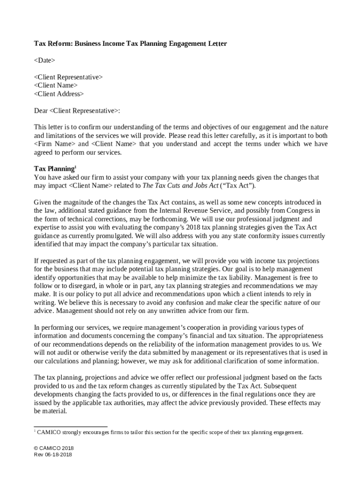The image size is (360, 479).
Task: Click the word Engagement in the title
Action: (177, 44)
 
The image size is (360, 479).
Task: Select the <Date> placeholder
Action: (44, 60)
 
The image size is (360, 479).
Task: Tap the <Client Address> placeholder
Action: (59, 94)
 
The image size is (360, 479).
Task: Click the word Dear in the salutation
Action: (41, 111)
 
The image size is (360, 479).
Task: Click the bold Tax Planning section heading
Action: (53, 169)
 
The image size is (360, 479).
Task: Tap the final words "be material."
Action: (51, 412)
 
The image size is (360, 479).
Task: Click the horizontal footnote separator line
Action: (71, 427)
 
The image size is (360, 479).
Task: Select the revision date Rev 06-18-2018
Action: (53, 454)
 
